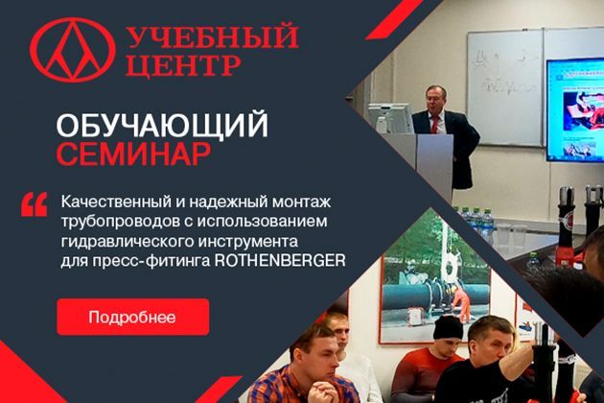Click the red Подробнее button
(x=133, y=317)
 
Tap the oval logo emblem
(x=72, y=50)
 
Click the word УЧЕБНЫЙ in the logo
(x=212, y=36)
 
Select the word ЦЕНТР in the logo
(x=184, y=64)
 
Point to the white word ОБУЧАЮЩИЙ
(x=162, y=124)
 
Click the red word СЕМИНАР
(x=133, y=154)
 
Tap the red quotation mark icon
(x=35, y=204)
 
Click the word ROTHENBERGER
(x=280, y=261)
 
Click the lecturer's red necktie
(x=435, y=124)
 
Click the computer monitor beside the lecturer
(x=389, y=118)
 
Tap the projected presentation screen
(x=574, y=110)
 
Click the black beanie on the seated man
(x=448, y=327)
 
